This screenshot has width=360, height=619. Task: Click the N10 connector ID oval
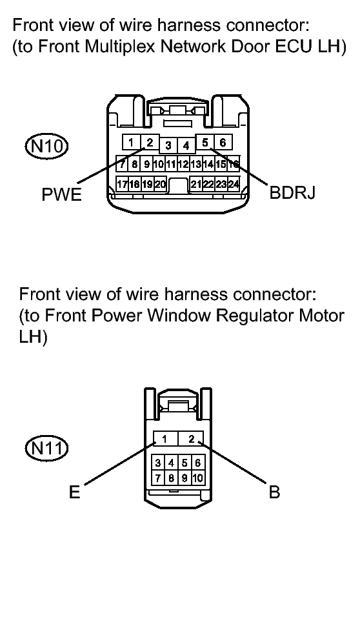[x=46, y=147]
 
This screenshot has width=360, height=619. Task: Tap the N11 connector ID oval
[x=46, y=448]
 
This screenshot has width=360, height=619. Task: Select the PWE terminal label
[x=61, y=195]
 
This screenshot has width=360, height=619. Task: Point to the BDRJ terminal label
[x=292, y=192]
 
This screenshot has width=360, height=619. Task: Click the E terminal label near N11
[x=75, y=492]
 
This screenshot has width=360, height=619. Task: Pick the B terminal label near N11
[x=274, y=492]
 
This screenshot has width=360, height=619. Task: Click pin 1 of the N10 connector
[x=132, y=142]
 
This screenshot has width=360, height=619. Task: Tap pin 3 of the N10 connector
[x=168, y=146]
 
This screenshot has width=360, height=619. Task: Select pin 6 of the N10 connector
[x=223, y=142]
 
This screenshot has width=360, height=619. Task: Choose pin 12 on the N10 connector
[x=184, y=164]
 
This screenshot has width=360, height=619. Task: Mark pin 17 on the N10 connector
[x=122, y=184]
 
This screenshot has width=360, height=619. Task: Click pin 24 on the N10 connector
[x=234, y=184]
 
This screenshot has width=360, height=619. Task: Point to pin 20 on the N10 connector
[x=160, y=184]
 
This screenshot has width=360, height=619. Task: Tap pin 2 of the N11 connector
[x=191, y=438]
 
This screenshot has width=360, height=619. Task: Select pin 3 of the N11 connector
[x=158, y=463]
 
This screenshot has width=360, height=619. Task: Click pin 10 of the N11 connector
[x=198, y=478]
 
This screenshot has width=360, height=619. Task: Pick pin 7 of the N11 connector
[x=158, y=478]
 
